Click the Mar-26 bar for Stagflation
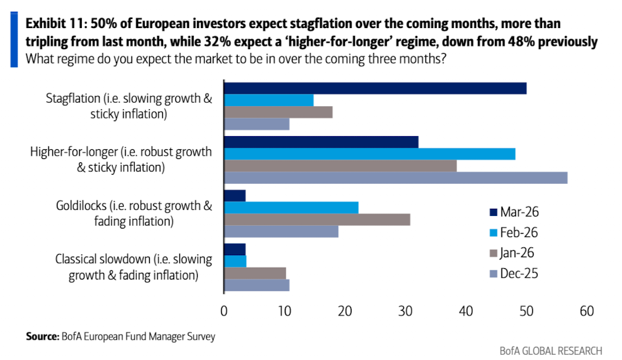tap(375, 88)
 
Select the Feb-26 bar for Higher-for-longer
tap(370, 154)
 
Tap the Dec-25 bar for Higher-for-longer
tap(395, 178)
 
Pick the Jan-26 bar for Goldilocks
tap(318, 219)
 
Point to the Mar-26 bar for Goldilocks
tap(235, 195)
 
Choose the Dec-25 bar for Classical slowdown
tap(257, 285)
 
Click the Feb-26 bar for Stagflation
tap(269, 100)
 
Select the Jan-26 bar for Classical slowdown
tap(255, 273)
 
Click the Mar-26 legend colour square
tap(493, 212)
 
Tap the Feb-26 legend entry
tap(515, 232)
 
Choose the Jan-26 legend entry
tap(515, 253)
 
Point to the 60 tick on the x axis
tap(587, 312)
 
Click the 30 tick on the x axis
tap(405, 312)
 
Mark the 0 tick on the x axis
tap(224, 312)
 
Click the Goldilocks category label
tap(134, 213)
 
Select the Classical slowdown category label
tap(134, 267)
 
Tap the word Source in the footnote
tap(41, 336)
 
